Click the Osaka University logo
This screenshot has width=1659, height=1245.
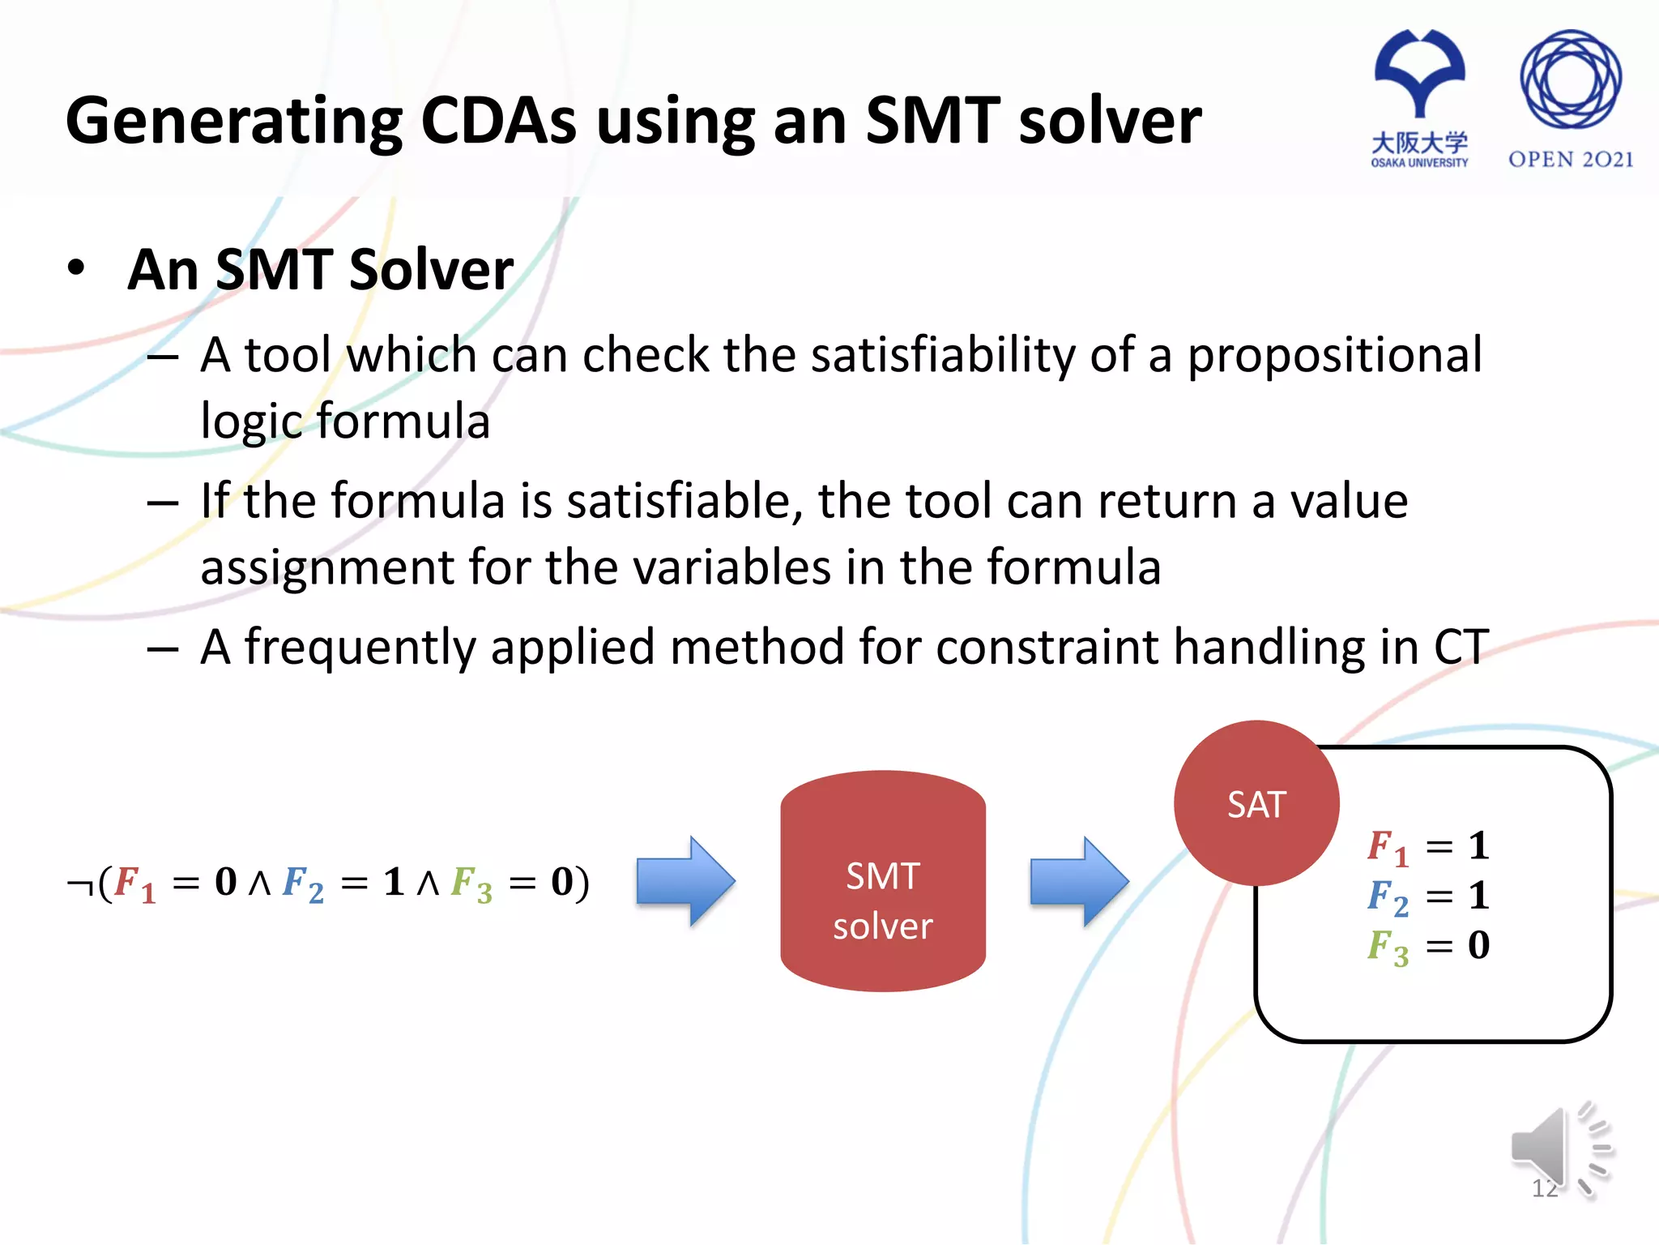click(1419, 97)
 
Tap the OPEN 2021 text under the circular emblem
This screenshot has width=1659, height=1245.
click(1570, 159)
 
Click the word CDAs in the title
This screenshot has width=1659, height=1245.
click(498, 121)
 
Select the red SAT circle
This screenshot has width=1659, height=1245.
click(1256, 803)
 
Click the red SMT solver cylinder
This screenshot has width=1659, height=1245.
click(882, 881)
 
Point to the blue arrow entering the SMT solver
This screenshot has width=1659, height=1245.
click(685, 881)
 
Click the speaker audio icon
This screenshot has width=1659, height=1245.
click(1559, 1149)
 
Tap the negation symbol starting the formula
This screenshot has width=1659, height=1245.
click(79, 883)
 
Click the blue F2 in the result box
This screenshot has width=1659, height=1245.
click(1386, 897)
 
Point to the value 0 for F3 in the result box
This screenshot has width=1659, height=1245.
click(1478, 945)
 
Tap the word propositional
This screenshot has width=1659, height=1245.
click(1334, 355)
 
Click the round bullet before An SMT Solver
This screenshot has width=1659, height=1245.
click(76, 268)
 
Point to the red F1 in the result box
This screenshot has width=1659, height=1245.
click(1386, 847)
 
